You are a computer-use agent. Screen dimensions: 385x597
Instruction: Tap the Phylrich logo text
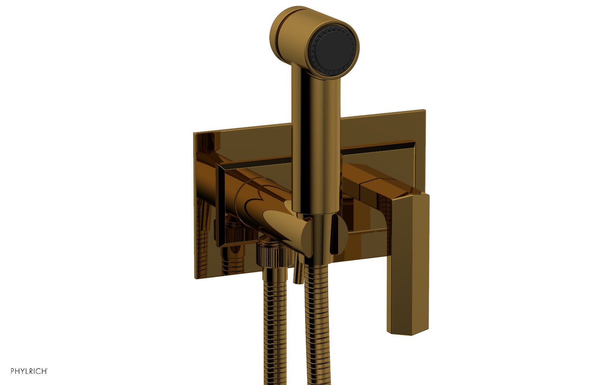point(29,371)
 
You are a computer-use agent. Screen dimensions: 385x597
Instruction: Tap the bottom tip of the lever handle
point(407,333)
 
